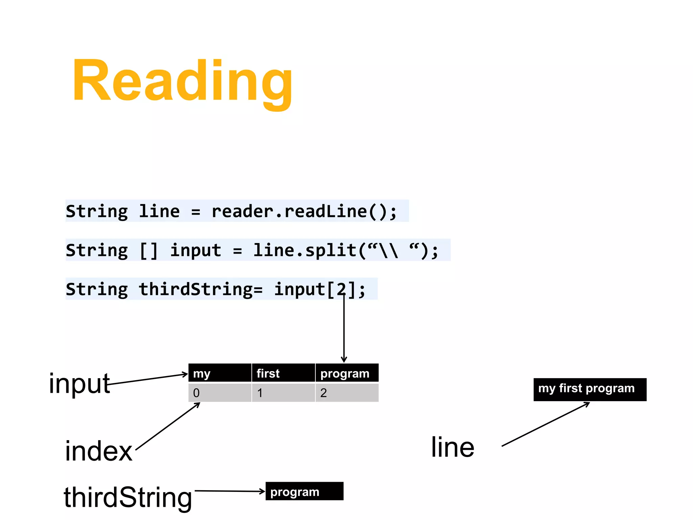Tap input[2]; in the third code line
tap(319, 289)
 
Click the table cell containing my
tap(220, 373)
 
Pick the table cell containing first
tap(283, 373)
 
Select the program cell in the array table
tap(347, 373)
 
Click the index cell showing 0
tap(220, 393)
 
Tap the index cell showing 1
tap(283, 393)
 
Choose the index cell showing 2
tap(347, 393)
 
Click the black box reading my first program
tap(589, 389)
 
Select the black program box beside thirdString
tap(304, 491)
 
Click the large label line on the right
tap(452, 447)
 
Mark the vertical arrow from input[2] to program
tap(344, 328)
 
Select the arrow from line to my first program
tap(545, 425)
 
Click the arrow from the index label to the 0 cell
tap(168, 426)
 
